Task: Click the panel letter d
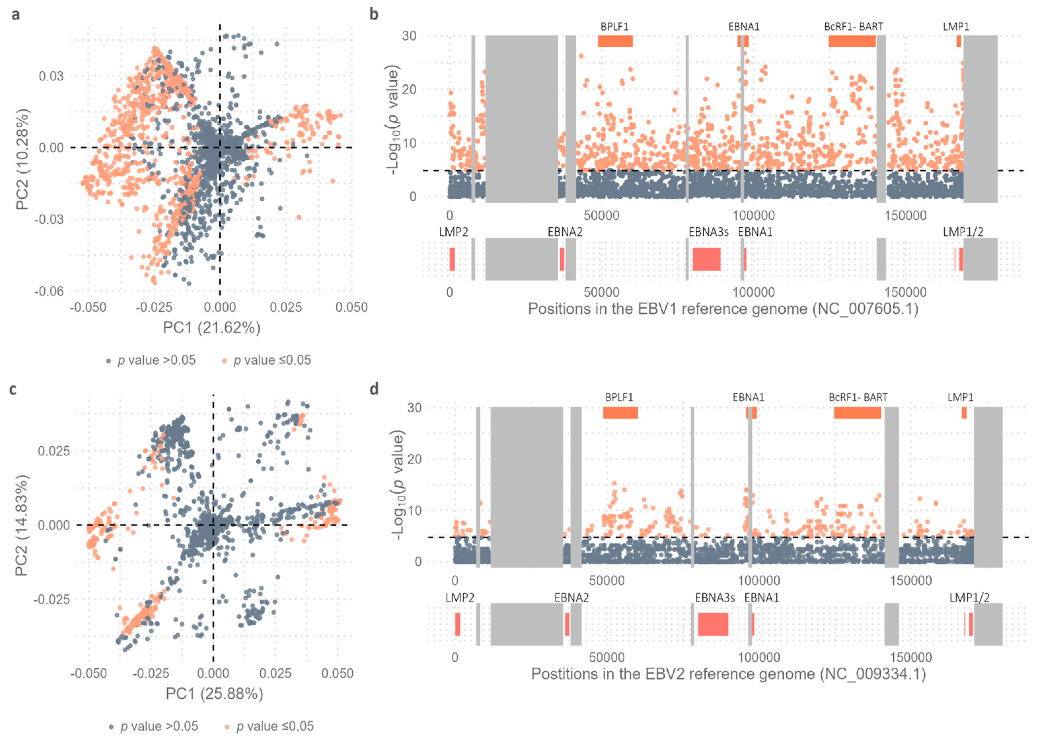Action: (x=374, y=389)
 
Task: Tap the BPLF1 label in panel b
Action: (x=614, y=26)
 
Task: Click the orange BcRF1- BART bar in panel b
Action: (x=852, y=41)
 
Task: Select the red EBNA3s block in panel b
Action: (x=706, y=259)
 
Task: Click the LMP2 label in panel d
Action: (x=460, y=598)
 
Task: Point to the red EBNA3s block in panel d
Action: (x=713, y=624)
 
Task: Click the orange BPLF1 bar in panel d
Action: (x=620, y=413)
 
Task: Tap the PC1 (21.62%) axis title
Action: (x=211, y=328)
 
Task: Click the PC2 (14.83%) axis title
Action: (x=21, y=525)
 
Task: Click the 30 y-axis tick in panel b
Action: (x=409, y=36)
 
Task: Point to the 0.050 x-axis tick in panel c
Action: (x=337, y=673)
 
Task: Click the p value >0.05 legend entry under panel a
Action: (x=151, y=360)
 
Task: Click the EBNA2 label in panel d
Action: (x=571, y=598)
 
